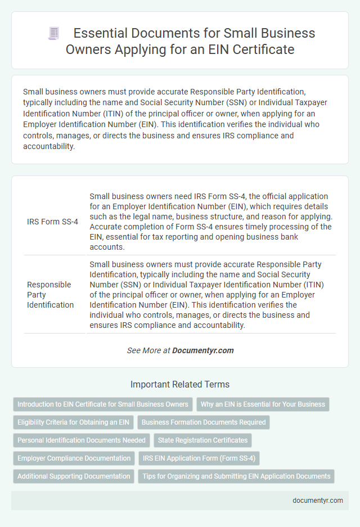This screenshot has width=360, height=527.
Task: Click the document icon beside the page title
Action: [54, 34]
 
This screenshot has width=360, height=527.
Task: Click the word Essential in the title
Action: [109, 34]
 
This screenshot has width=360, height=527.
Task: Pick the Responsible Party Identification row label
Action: [49, 294]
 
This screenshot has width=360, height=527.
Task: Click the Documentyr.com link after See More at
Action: [202, 350]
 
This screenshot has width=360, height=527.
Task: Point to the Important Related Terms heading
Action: [180, 385]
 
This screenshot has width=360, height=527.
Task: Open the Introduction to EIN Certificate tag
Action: [103, 404]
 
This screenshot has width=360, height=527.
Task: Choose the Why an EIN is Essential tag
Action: [263, 404]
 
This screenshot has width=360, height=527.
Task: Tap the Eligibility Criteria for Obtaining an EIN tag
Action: [73, 422]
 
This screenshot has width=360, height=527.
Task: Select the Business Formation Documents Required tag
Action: [203, 422]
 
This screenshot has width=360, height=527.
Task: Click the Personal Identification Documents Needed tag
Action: [82, 440]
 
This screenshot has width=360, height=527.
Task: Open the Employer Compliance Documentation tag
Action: [74, 458]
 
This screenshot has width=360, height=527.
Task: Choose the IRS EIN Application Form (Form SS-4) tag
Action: [199, 458]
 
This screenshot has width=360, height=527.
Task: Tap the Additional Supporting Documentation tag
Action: [74, 476]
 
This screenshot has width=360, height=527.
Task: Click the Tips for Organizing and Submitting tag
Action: [236, 476]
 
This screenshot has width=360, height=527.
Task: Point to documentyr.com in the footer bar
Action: [318, 501]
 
